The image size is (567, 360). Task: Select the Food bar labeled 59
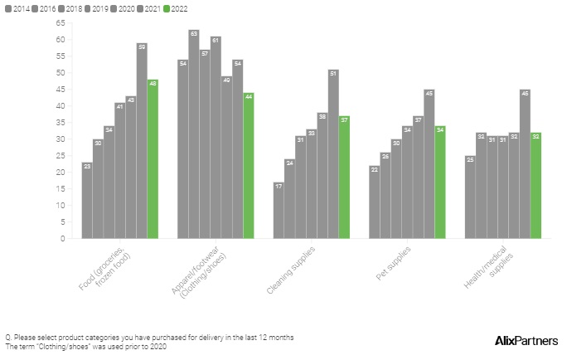click(x=142, y=141)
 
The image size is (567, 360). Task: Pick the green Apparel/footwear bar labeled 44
click(x=249, y=166)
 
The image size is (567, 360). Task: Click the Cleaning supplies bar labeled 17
click(x=279, y=211)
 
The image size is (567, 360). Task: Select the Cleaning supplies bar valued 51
click(x=333, y=154)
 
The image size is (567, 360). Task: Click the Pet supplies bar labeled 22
click(x=375, y=202)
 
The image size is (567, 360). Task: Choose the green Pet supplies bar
click(x=440, y=182)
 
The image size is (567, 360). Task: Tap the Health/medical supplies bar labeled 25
click(x=470, y=197)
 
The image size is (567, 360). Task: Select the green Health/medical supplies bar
click(x=535, y=186)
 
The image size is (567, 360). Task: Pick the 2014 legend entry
click(x=17, y=7)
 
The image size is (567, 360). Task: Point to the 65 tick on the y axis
click(x=60, y=23)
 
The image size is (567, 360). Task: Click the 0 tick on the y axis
click(x=62, y=239)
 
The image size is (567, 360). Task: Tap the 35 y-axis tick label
click(x=60, y=123)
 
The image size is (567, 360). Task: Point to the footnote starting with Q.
click(x=149, y=337)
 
